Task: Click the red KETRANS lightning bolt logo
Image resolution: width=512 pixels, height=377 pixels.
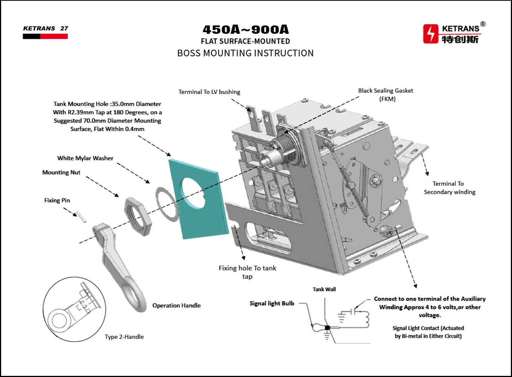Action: click(x=431, y=34)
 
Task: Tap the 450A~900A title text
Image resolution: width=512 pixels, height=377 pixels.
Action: click(x=245, y=29)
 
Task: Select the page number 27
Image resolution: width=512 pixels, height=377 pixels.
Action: click(x=64, y=28)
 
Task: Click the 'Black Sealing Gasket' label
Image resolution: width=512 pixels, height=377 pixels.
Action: click(x=386, y=91)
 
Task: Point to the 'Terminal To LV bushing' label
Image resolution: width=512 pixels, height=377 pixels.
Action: click(x=209, y=92)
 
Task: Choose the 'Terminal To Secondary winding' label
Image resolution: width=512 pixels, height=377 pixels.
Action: click(x=450, y=188)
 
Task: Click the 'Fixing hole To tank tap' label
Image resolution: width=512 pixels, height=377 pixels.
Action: click(x=247, y=272)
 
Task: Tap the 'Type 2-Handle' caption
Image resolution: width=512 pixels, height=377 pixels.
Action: click(x=124, y=337)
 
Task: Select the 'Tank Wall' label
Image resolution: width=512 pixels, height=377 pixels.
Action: click(x=324, y=289)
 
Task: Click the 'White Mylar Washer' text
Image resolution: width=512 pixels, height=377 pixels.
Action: click(x=85, y=158)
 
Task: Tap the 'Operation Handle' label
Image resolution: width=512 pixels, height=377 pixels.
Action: click(x=176, y=306)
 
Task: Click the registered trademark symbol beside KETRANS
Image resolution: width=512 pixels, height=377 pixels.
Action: click(x=483, y=24)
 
